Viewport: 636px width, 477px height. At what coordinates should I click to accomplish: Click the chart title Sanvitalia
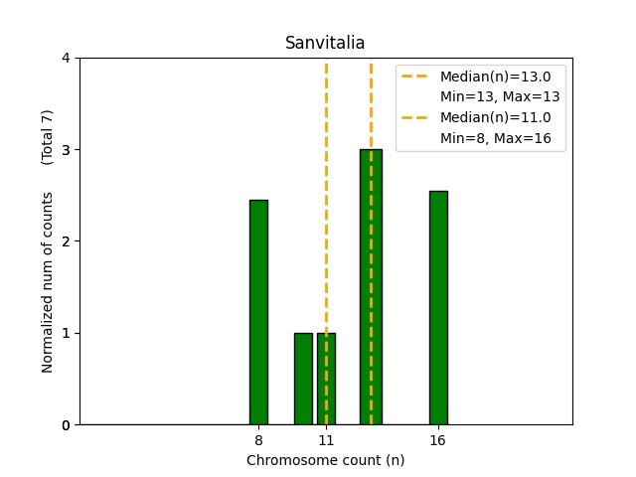point(325,43)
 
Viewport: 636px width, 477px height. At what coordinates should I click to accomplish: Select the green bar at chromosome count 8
point(258,312)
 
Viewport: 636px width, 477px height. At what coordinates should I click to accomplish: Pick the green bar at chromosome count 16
point(438,307)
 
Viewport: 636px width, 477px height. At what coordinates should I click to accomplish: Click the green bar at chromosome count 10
point(303,379)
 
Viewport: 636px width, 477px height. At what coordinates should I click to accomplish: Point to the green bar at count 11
point(326,379)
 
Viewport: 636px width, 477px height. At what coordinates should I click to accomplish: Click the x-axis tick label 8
point(258,439)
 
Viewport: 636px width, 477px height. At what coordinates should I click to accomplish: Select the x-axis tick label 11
point(326,439)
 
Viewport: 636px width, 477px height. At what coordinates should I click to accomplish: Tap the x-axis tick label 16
point(438,439)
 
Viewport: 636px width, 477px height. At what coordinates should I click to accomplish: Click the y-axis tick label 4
point(66,58)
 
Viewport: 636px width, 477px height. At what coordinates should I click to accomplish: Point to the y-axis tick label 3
point(66,150)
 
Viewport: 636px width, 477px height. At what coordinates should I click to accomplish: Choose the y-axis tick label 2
point(66,241)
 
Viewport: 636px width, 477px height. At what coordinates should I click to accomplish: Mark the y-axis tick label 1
point(66,333)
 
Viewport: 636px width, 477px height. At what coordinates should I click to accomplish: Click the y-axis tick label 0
point(66,425)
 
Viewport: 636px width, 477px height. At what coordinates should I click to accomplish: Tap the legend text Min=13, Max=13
point(500,97)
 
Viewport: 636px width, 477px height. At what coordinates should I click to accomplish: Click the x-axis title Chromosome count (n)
point(325,460)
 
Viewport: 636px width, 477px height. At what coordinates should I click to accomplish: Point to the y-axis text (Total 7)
point(47,137)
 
